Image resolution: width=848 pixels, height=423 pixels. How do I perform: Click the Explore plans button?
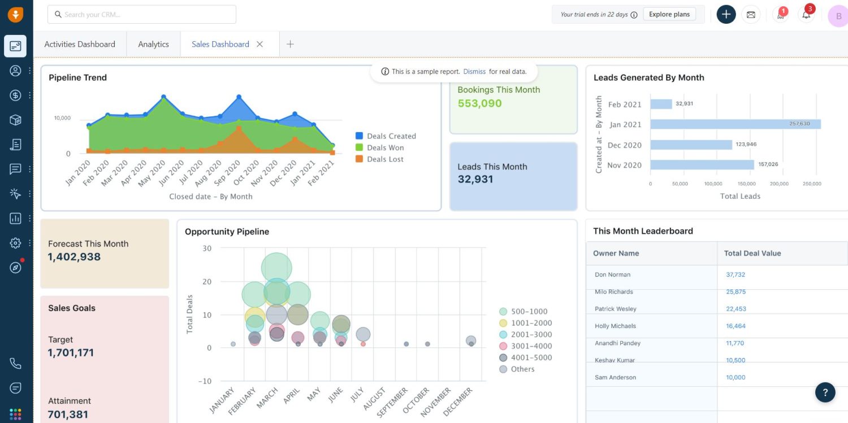click(669, 14)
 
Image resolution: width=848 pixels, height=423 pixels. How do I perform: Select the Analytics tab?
click(153, 44)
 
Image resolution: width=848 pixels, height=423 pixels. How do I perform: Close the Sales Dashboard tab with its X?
click(260, 44)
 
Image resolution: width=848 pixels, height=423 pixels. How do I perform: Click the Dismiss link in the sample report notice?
click(474, 72)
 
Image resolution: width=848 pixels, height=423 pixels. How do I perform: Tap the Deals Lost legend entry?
click(384, 159)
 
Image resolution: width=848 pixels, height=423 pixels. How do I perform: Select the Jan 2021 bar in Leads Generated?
click(735, 124)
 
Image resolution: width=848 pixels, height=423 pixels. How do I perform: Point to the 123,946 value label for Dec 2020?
click(746, 145)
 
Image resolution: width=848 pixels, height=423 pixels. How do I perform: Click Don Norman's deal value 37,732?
click(735, 274)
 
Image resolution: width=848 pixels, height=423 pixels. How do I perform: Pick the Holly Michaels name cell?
click(615, 326)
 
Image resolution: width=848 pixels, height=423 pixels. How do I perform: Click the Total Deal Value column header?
click(752, 253)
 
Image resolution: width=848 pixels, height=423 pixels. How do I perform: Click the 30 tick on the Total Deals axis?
click(207, 248)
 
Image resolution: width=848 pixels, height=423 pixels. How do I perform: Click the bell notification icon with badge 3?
click(806, 15)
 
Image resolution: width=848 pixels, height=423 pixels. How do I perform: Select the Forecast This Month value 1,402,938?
click(74, 257)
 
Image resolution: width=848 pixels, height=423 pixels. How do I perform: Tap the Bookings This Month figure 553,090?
click(479, 103)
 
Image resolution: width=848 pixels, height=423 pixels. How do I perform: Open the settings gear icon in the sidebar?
click(15, 243)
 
